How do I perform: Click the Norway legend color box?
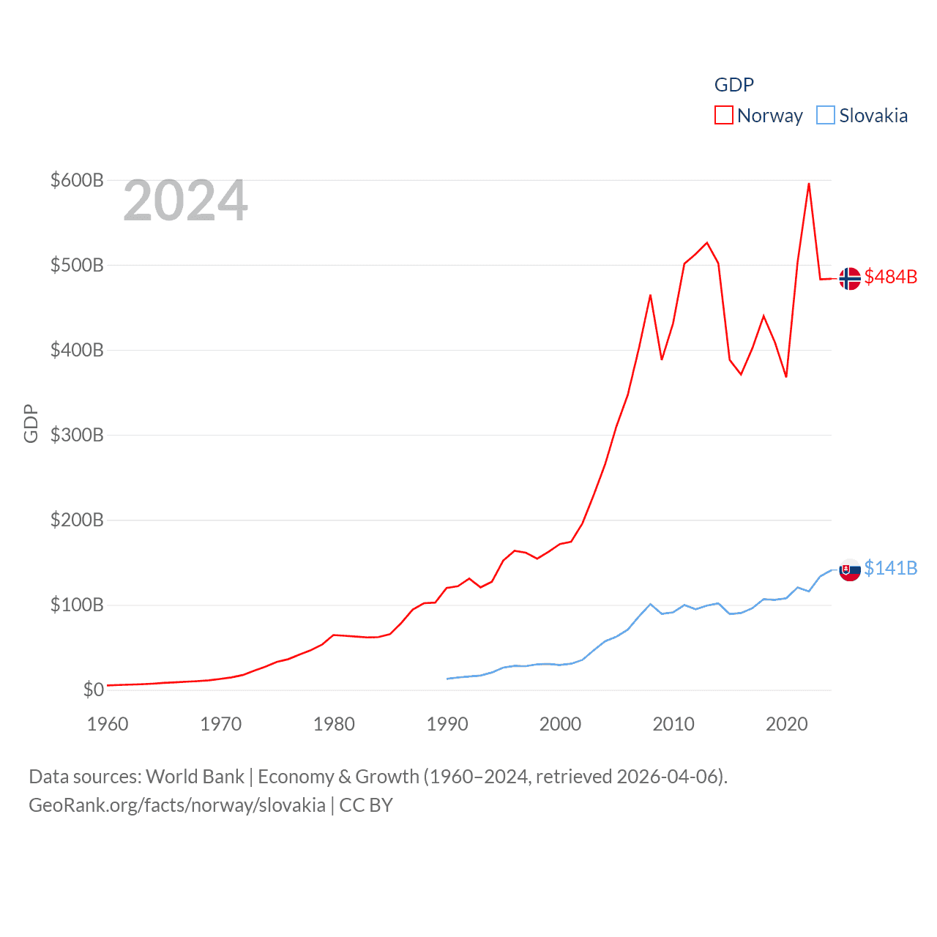pos(723,116)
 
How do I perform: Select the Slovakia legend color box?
pos(825,116)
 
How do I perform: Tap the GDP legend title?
pos(733,85)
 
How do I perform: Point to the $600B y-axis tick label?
pos(77,180)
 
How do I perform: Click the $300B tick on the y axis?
pos(77,435)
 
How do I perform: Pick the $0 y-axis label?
pos(93,690)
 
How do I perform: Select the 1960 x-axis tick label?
pos(108,724)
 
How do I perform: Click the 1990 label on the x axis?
pos(447,724)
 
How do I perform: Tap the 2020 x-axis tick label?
pos(787,724)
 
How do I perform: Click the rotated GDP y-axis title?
pos(31,423)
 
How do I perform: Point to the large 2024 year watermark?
pos(185,201)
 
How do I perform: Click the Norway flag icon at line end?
pos(849,279)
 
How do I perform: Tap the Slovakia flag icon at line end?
pos(849,570)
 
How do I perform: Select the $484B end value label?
pos(890,277)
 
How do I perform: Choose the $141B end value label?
pos(890,568)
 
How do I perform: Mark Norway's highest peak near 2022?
pos(809,184)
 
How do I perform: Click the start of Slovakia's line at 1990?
pos(447,679)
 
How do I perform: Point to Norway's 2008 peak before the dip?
pos(650,295)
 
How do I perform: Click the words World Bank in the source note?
pos(195,776)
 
